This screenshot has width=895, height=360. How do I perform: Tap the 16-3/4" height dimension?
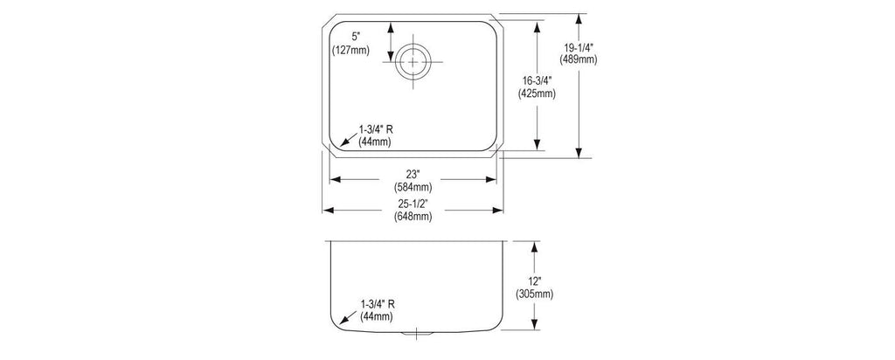(537, 82)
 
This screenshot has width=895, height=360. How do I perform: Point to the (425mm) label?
(537, 93)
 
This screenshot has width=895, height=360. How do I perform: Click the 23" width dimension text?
(413, 175)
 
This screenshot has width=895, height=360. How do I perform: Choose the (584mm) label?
(413, 186)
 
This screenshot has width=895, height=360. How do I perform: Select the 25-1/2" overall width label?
(413, 204)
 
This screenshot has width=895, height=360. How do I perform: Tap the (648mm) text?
(413, 216)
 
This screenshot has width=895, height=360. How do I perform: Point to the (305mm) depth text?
(535, 294)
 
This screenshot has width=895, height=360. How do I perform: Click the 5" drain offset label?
(356, 37)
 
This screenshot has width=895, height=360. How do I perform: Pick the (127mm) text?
(351, 50)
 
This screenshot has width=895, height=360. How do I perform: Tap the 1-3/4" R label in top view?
(376, 129)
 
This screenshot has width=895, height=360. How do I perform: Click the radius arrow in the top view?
(348, 139)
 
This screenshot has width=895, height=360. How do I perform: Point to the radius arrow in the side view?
(348, 316)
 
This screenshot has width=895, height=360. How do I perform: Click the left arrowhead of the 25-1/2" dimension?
(328, 211)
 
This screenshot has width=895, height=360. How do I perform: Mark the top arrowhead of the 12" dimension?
(534, 246)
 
